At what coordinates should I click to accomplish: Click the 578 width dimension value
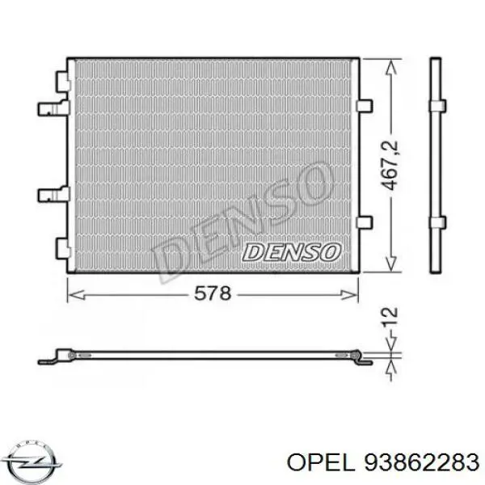point(213,293)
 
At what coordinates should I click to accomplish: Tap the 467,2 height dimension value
point(389,165)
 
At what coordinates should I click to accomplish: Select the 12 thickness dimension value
point(390,316)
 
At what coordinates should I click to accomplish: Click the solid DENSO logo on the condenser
point(292,252)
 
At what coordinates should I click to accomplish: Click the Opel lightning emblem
point(32,462)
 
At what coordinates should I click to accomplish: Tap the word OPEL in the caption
point(319,462)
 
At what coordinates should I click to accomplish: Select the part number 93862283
point(422,462)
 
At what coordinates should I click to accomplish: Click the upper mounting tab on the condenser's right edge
point(365,106)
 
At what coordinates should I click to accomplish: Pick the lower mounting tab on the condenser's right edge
point(365,223)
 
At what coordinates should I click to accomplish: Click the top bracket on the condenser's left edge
point(63,82)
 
